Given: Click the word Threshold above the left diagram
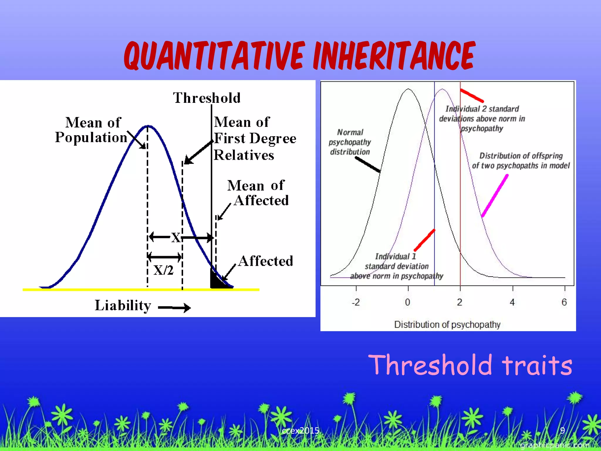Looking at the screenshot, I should point(207,98).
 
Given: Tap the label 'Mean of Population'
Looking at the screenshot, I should point(92,130).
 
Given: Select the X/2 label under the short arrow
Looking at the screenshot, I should point(163,270).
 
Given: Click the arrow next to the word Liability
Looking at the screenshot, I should point(174,308).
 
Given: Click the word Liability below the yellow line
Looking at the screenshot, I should point(123,305).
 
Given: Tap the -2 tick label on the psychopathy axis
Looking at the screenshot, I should point(356,302).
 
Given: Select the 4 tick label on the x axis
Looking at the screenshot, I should point(512,302).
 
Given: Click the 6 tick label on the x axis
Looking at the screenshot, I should point(564,302).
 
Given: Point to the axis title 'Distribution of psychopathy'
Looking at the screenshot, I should point(447,324).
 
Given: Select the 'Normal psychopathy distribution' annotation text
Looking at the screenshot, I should point(350,142).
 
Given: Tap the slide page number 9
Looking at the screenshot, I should point(562,430).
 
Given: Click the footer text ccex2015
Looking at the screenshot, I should point(300,431).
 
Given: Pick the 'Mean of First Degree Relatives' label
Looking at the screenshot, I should point(255,138).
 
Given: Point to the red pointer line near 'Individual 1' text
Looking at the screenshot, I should point(424,240).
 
